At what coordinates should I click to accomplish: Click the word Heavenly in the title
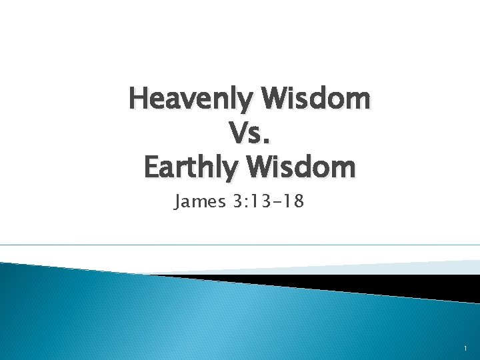coord(192,99)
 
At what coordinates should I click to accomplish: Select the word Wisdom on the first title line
coord(317,99)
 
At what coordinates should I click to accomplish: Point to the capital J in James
coord(178,201)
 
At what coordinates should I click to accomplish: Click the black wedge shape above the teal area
coord(373,283)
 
